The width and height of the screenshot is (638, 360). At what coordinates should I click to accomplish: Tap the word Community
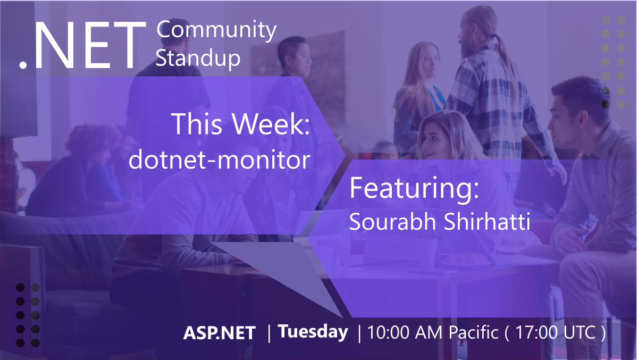pos(216,31)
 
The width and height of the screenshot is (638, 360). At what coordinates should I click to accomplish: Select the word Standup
pos(198,58)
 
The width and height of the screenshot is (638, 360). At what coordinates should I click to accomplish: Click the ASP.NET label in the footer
pos(220,333)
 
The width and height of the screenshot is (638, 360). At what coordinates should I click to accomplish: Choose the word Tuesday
pos(313,332)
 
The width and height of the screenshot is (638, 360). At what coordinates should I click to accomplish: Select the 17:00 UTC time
pos(556,333)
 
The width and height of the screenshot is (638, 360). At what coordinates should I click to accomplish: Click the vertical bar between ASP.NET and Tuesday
pos(269,333)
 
